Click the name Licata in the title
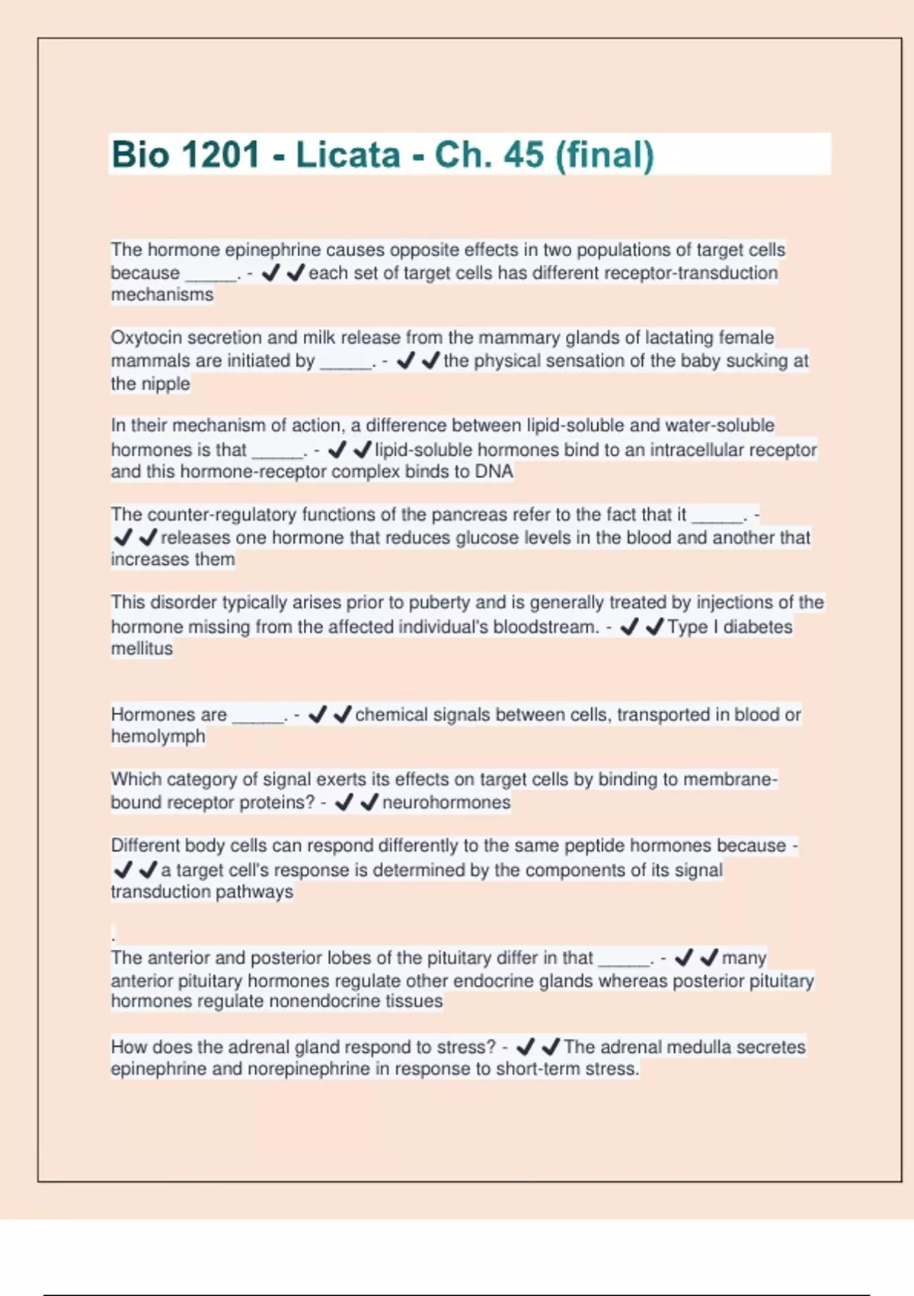pos(347,155)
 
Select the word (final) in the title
pos(605,155)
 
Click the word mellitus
pos(142,649)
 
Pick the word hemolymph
pos(158,736)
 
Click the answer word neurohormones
pos(446,802)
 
